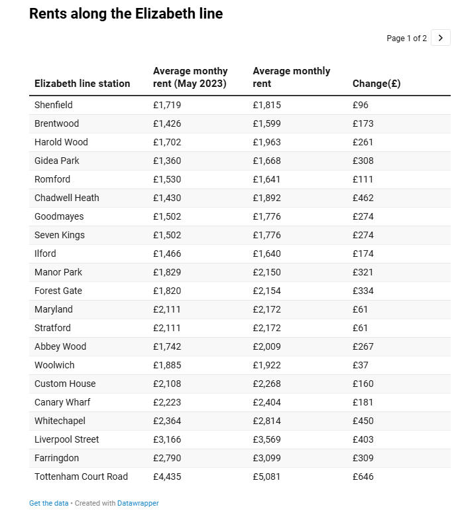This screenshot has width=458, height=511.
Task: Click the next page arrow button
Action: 440,38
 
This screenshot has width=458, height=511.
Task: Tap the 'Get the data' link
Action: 48,503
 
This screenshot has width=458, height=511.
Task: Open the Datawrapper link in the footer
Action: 138,503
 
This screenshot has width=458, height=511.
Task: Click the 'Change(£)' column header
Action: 376,84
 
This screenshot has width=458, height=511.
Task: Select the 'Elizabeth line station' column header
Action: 82,84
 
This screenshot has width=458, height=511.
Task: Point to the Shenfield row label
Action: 54,105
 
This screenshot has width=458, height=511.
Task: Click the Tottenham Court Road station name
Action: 81,476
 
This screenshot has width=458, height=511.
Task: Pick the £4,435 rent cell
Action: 167,476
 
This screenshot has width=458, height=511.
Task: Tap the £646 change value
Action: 363,476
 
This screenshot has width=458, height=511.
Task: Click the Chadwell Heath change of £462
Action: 363,198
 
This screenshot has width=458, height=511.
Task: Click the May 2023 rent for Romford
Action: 167,179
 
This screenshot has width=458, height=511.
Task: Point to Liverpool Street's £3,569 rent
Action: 266,439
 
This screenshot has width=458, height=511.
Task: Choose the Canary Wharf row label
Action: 62,402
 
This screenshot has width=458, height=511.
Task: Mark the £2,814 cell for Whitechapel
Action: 266,421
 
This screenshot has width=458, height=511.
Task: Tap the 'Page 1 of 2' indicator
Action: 406,38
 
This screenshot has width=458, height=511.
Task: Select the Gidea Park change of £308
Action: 363,161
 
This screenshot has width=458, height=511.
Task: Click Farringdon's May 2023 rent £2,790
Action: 167,458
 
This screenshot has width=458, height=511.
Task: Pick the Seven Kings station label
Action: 60,235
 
